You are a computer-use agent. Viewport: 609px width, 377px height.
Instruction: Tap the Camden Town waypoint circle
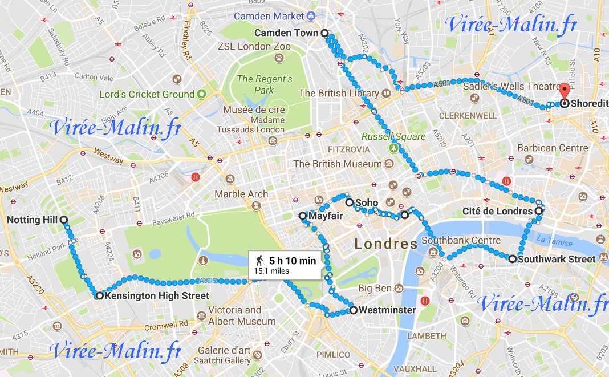324,33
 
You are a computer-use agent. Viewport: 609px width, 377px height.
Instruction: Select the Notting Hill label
31,220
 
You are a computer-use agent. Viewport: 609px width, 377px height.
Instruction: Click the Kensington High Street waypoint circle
99,295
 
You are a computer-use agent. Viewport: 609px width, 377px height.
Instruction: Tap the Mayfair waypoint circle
303,216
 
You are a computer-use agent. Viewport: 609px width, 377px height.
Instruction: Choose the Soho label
366,202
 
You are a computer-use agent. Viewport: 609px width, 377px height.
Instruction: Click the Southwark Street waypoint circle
512,259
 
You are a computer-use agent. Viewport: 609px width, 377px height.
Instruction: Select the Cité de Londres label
497,212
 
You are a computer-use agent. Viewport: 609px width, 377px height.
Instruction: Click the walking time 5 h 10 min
292,261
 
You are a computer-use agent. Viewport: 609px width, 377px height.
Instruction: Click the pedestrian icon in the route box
260,261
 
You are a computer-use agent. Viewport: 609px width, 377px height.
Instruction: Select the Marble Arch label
241,194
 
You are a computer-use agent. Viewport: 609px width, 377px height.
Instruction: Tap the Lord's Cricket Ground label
147,94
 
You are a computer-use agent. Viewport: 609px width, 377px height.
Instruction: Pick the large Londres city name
385,244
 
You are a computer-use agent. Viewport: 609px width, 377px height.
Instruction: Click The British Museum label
337,164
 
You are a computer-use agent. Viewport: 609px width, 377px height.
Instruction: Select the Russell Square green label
393,137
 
